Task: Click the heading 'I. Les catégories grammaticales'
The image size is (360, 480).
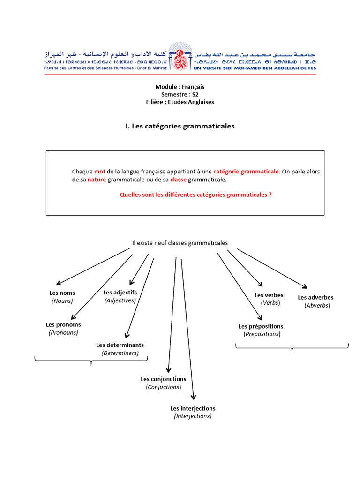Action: tap(180, 126)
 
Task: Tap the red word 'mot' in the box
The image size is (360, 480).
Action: tap(100, 172)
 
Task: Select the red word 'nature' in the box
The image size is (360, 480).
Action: tap(97, 180)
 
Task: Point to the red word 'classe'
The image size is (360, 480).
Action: tap(178, 180)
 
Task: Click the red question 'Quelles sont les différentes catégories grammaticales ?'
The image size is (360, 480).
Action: tap(196, 194)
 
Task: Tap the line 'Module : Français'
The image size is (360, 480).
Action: tap(180, 87)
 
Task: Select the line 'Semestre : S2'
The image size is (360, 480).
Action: tap(180, 94)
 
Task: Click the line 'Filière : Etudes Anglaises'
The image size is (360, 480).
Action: tap(180, 102)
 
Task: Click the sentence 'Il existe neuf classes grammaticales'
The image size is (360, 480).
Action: tap(180, 243)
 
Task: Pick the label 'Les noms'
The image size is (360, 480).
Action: tap(62, 293)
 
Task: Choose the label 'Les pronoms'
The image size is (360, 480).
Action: tap(63, 324)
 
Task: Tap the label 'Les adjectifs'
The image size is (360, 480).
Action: tap(120, 292)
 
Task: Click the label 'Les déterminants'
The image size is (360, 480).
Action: tap(120, 345)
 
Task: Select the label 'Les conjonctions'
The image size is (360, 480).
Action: tap(163, 379)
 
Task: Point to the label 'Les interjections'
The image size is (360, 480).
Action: tap(193, 408)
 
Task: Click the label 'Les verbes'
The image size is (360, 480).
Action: tap(269, 295)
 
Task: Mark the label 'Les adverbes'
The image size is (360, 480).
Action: tap(315, 297)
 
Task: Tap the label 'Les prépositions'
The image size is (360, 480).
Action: tap(261, 326)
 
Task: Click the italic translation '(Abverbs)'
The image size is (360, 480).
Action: tap(317, 305)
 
